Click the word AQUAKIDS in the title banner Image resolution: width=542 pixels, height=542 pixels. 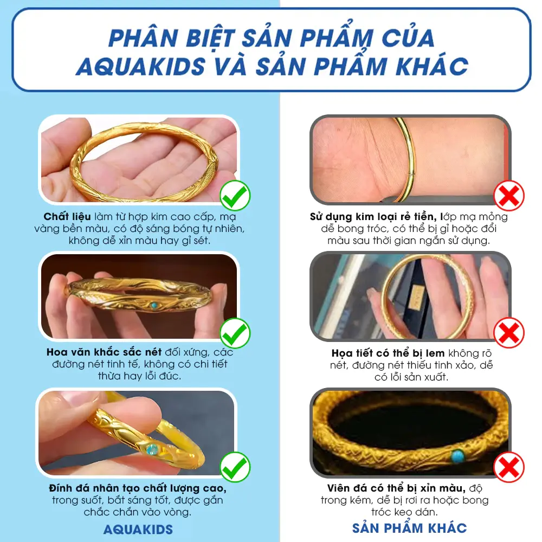click(141, 66)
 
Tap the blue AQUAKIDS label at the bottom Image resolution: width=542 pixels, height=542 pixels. click(138, 529)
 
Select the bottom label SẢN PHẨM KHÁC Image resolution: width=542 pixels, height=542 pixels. click(409, 527)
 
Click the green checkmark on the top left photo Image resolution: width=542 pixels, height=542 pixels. click(235, 195)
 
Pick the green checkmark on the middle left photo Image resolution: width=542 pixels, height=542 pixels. click(235, 333)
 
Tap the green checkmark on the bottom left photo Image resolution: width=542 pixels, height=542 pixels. click(235, 467)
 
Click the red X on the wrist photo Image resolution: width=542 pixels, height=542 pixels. click(509, 195)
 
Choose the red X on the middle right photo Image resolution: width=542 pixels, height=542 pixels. click(509, 333)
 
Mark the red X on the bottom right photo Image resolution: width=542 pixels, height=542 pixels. click(509, 467)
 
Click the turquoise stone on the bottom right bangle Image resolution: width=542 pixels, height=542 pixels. click(457, 456)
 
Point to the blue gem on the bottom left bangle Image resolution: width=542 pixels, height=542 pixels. click(152, 450)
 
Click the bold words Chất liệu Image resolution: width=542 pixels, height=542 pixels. click(67, 217)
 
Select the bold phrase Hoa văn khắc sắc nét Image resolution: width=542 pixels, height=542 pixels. click(104, 352)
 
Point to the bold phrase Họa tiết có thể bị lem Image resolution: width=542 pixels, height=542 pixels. click(388, 353)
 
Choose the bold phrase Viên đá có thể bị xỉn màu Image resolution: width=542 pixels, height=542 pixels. click(396, 488)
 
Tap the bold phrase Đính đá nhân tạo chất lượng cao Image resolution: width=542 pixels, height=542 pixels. click(138, 488)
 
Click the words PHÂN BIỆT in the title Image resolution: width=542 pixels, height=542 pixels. click(172, 38)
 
